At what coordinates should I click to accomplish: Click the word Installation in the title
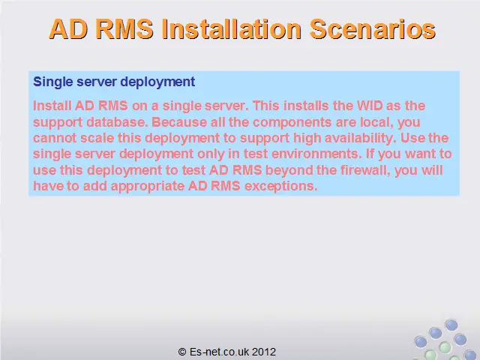(x=231, y=29)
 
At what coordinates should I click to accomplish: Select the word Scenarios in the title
(x=372, y=29)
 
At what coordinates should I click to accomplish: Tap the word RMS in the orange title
(x=124, y=29)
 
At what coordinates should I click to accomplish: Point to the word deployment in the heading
(x=157, y=82)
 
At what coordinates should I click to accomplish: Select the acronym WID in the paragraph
(x=370, y=106)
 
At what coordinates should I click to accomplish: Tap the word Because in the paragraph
(x=179, y=121)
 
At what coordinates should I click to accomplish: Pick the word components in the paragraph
(x=292, y=121)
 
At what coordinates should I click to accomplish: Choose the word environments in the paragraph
(x=316, y=154)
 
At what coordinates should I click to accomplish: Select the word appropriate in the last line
(x=148, y=186)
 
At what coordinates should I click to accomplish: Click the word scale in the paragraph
(x=97, y=138)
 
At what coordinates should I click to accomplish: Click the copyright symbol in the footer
(x=182, y=352)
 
